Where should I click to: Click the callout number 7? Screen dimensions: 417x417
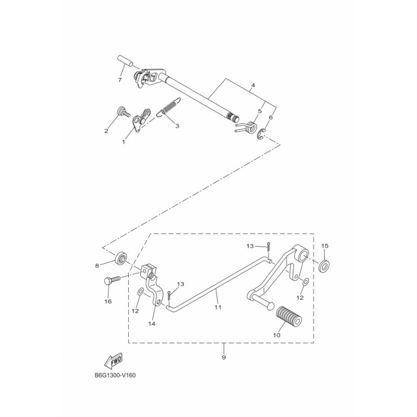119,80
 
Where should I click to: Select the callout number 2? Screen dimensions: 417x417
106,131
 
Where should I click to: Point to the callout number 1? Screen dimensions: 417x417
124,141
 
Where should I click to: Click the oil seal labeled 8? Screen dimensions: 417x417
122,257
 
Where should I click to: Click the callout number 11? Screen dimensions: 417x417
217,308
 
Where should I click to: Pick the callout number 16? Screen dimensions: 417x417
108,301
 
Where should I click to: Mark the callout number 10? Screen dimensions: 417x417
277,335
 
